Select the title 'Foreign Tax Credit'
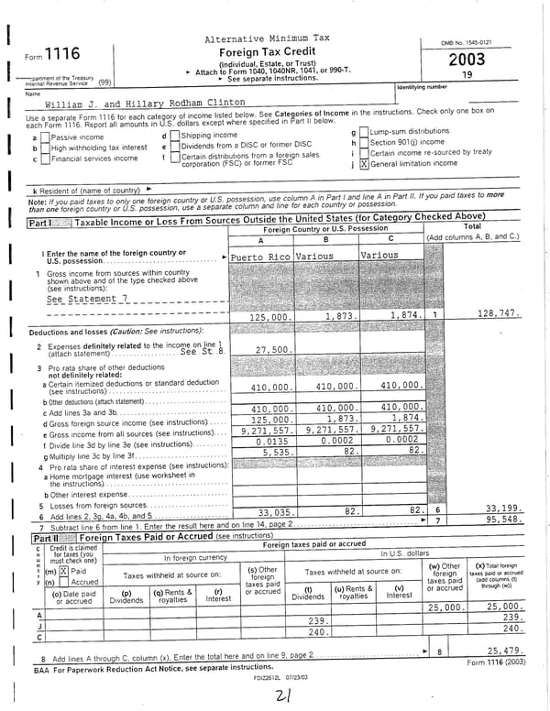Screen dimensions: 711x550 click(x=266, y=52)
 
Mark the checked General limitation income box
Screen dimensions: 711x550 click(x=364, y=165)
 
